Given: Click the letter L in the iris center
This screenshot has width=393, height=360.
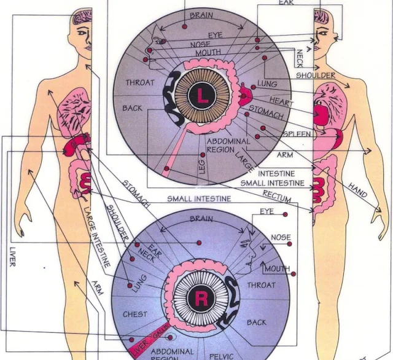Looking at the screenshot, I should click(x=202, y=95).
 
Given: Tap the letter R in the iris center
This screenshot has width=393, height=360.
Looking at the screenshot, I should click(x=200, y=299).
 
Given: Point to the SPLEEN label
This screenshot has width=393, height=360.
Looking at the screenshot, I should click(x=296, y=133).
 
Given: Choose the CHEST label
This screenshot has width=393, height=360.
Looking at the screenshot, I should click(x=135, y=315).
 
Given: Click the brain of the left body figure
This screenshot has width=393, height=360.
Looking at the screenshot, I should click(x=82, y=19).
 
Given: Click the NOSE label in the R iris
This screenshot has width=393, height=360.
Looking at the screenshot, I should click(x=281, y=238).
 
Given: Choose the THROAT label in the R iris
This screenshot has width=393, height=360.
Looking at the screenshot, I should click(x=261, y=285).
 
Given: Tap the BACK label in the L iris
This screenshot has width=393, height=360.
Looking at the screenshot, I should click(x=132, y=108).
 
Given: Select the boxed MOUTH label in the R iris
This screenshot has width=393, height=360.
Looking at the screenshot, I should click(x=277, y=268).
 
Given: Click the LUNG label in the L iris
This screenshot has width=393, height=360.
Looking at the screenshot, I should click(x=268, y=84).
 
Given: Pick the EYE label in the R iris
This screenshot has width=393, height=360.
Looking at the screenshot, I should click(x=267, y=211).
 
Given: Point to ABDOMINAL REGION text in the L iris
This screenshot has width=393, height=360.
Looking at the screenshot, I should click(x=228, y=145).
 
